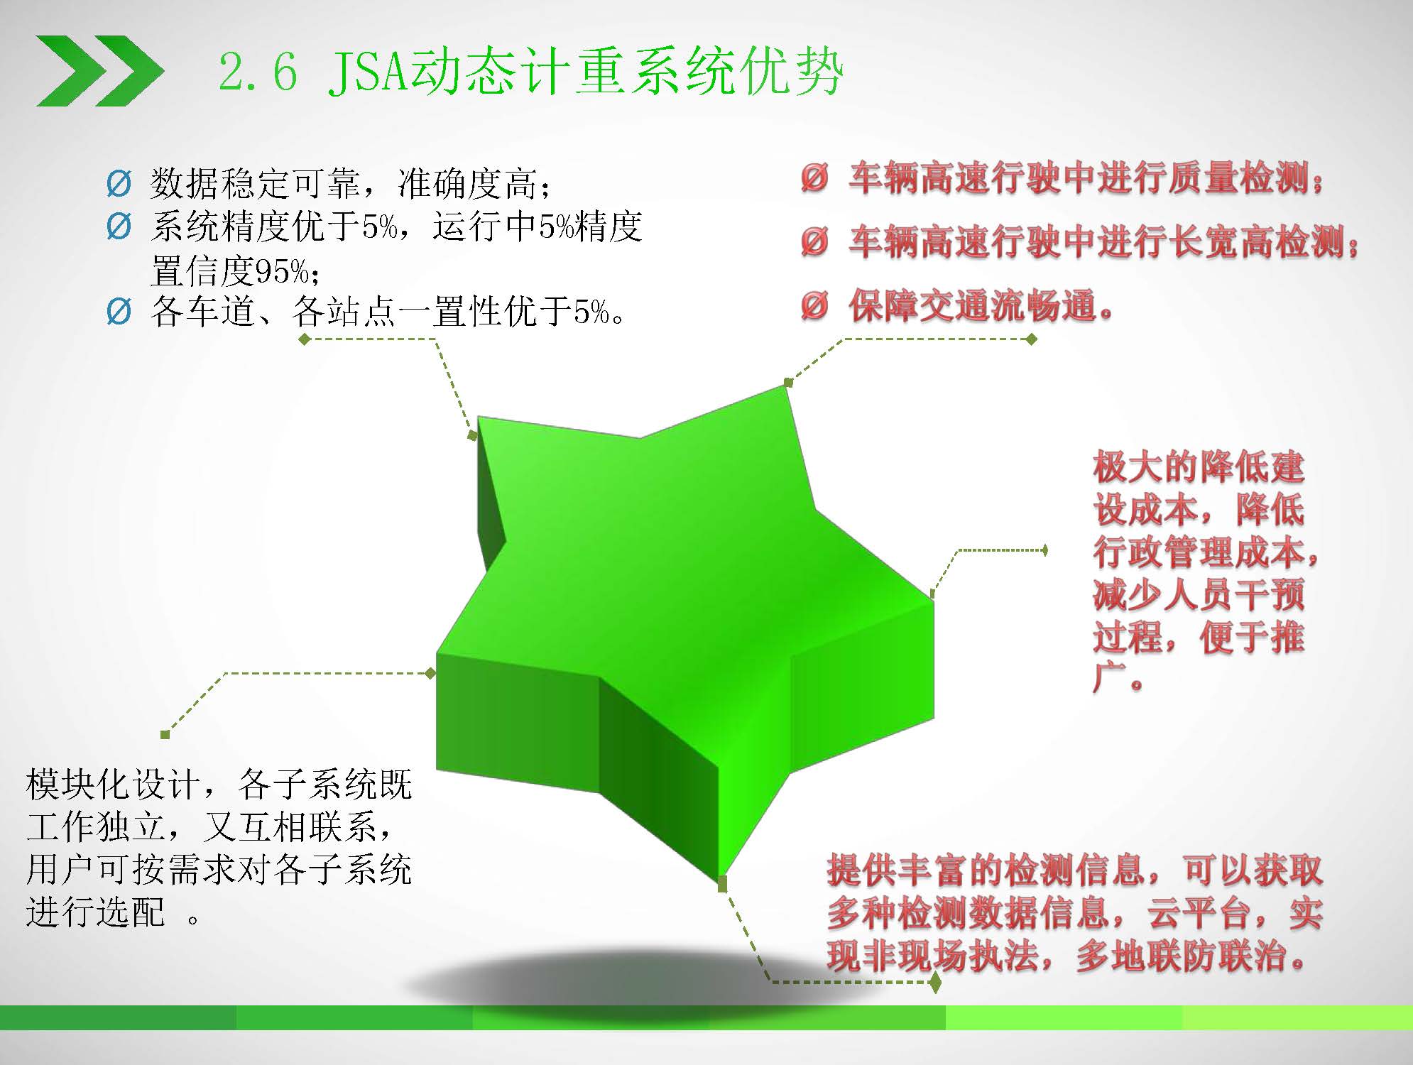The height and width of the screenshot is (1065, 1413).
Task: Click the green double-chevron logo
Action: tap(100, 71)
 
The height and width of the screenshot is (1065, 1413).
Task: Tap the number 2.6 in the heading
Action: tap(257, 72)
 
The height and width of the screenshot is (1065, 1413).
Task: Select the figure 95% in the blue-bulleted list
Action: tap(281, 271)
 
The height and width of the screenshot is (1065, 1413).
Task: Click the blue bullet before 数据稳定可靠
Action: tap(119, 184)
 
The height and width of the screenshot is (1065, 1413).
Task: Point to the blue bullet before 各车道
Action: tap(119, 312)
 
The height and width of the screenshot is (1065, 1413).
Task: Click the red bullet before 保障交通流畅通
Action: tap(814, 306)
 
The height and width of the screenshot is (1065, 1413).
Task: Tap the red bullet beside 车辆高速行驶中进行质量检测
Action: tap(814, 177)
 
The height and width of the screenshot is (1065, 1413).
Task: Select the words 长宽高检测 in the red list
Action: tap(1257, 242)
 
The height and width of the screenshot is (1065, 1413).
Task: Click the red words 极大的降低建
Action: tap(1199, 467)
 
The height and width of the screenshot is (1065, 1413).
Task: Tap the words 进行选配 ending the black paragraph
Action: tap(96, 912)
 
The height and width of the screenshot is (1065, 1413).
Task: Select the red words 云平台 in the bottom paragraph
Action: tap(1199, 914)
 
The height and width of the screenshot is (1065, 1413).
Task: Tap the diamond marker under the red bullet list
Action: tap(1032, 339)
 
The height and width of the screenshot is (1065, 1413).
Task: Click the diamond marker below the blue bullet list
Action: tap(305, 339)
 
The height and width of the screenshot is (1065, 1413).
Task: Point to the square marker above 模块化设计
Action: tap(165, 735)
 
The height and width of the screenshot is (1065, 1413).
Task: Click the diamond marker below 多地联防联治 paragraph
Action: tap(935, 983)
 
